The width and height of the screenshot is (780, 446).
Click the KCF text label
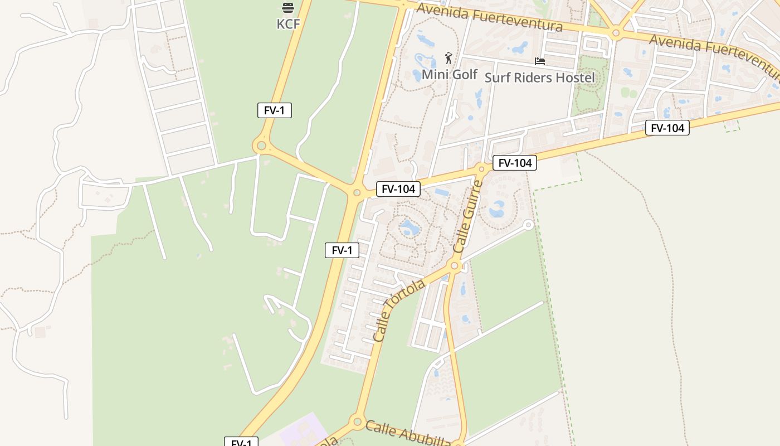[288, 24]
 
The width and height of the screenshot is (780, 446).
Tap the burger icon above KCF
[288, 8]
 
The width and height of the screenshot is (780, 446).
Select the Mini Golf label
[450, 74]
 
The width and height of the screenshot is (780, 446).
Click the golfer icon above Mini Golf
[448, 57]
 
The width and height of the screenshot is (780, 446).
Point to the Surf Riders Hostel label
[539, 77]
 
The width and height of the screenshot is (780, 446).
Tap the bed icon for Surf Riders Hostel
[539, 61]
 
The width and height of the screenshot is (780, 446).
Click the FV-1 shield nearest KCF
[274, 110]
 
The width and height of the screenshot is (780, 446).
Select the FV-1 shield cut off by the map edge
[241, 443]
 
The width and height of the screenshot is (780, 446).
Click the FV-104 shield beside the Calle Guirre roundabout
[515, 163]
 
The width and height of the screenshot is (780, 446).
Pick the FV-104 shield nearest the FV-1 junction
[398, 189]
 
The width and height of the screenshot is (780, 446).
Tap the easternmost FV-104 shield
[667, 128]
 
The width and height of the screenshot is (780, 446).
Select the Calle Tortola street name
[399, 311]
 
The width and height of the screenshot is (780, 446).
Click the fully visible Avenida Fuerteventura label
[489, 17]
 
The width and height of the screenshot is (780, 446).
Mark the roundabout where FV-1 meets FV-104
[357, 193]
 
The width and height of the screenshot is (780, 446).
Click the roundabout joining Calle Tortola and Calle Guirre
[454, 266]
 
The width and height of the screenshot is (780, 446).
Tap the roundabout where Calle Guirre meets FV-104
[482, 168]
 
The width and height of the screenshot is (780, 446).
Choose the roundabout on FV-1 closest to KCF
[261, 146]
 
